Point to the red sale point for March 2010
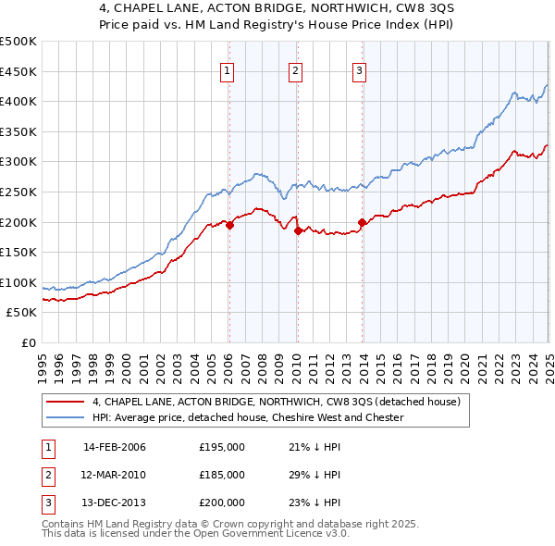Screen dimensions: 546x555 pos(298,231)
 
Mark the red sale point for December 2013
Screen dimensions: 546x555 pos(362,222)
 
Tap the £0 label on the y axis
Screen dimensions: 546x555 pos(28,342)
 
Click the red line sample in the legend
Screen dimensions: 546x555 pos(65,403)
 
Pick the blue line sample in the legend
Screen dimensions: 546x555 pos(65,417)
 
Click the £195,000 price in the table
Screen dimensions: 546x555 pos(222,447)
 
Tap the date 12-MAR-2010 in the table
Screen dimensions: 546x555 pos(115,475)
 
